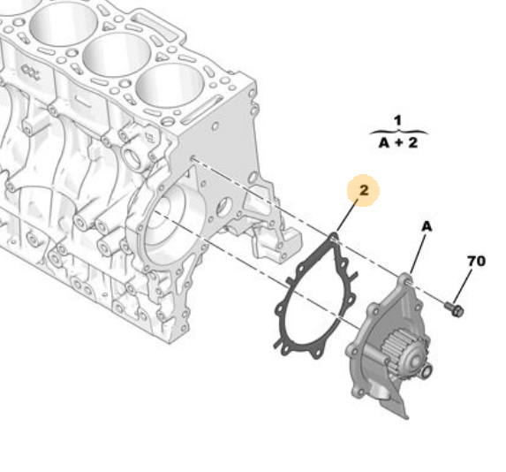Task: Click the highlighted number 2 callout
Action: (363, 190)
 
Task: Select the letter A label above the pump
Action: (426, 227)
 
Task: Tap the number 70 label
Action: (476, 262)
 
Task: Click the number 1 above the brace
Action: (397, 119)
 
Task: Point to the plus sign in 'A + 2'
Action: (397, 141)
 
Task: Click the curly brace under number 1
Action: (397, 131)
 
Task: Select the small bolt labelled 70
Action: (455, 308)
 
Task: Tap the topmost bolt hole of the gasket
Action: (332, 239)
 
